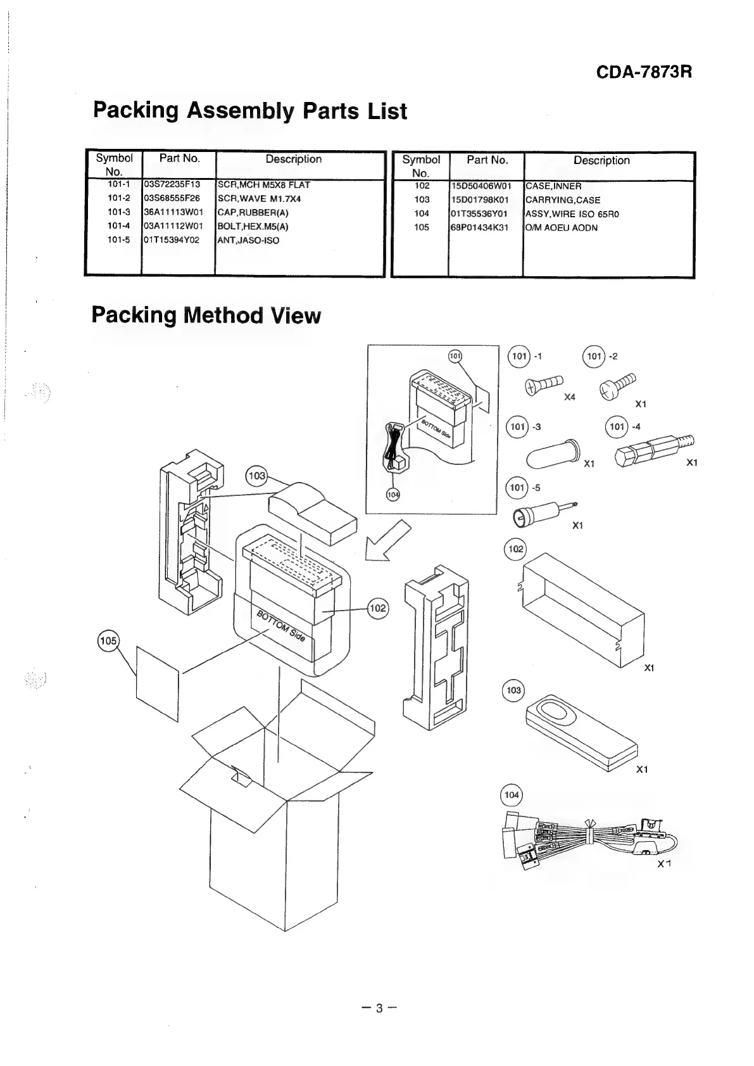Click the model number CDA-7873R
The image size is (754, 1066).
coord(644,72)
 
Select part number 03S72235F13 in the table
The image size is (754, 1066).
coord(172,184)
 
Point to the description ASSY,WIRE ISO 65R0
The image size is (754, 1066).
coord(572,213)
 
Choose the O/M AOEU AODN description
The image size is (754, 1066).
coord(562,227)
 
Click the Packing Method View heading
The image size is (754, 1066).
coord(206,315)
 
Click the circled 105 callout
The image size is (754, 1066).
coord(108,640)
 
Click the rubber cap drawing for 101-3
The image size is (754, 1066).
coord(552,454)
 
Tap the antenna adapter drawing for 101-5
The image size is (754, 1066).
coord(543,512)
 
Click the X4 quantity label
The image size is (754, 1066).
coord(570,397)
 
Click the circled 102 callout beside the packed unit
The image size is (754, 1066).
coord(377,608)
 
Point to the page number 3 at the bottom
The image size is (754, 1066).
coord(379,1008)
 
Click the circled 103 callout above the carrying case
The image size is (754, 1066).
coord(256,475)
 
